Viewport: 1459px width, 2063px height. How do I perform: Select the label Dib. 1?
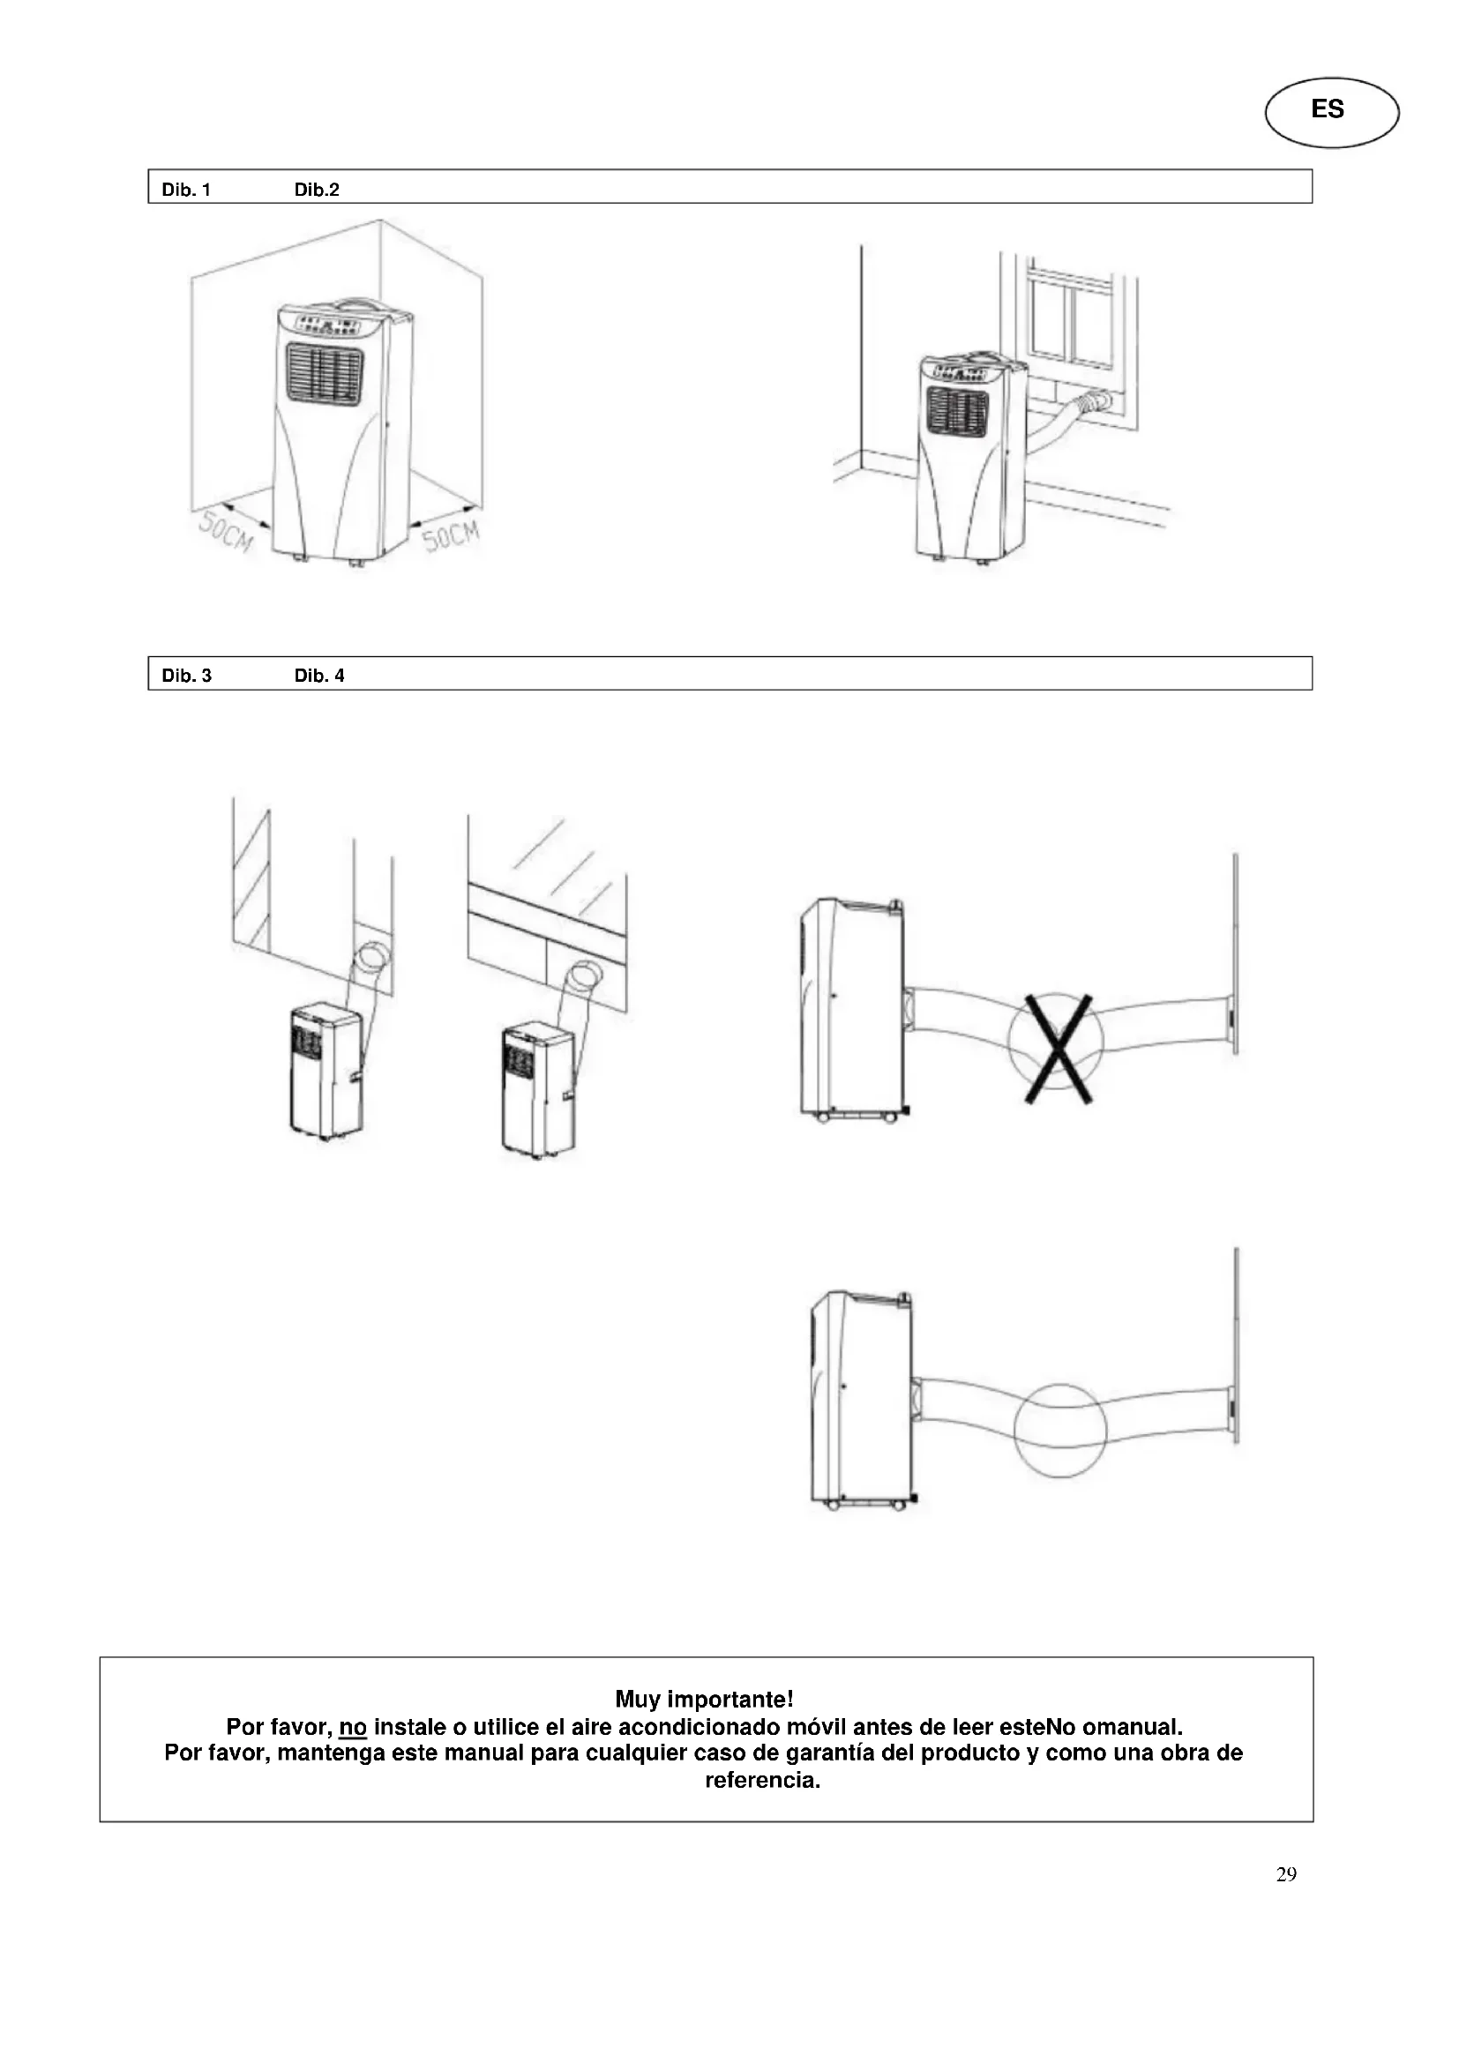[x=186, y=190]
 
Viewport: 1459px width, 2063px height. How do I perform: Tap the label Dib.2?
[x=318, y=190]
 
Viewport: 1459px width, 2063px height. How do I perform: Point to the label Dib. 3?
[x=187, y=676]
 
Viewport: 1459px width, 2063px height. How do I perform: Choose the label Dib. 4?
[x=320, y=676]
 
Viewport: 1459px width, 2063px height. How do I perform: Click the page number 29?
[x=1285, y=1874]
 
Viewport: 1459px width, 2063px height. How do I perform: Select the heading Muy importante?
[x=703, y=1699]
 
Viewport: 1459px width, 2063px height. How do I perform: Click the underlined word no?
[x=353, y=1727]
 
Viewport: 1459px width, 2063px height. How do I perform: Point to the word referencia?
[x=762, y=1780]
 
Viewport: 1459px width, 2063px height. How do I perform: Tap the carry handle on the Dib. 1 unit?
[x=359, y=305]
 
